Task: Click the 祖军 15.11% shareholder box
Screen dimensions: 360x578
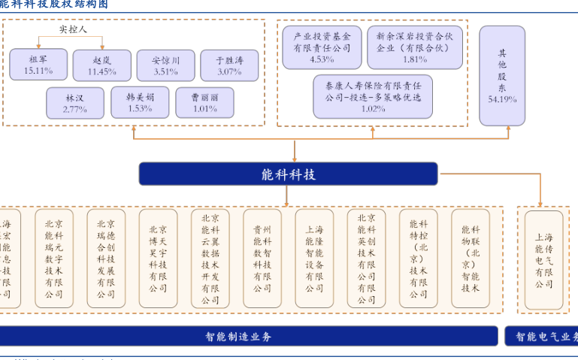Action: point(38,65)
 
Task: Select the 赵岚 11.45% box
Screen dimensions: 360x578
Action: point(101,65)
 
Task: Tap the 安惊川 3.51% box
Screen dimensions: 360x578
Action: point(165,65)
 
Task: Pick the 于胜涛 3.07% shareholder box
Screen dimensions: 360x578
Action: point(229,65)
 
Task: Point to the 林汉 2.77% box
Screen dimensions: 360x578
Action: point(75,103)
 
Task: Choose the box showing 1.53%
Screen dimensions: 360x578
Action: point(140,102)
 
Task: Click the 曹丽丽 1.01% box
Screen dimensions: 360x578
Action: point(204,103)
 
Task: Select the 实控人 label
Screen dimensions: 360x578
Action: point(73,29)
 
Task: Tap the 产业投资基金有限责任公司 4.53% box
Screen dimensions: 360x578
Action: point(322,47)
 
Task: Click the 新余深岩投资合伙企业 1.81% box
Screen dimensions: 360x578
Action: point(415,47)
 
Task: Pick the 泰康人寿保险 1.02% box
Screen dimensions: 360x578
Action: point(373,96)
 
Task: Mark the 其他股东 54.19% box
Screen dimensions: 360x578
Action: point(502,75)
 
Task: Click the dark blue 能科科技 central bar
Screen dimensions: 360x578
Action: point(288,174)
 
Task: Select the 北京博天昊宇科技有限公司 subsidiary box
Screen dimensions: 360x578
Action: point(158,259)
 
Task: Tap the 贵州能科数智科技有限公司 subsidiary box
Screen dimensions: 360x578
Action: point(262,259)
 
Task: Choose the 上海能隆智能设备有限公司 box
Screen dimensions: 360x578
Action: point(314,259)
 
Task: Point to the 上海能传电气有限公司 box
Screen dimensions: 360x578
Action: point(543,260)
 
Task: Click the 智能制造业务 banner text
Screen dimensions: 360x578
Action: point(238,337)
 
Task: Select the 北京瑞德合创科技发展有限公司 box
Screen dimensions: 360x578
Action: point(106,259)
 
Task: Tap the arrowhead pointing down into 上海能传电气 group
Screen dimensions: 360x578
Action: point(540,203)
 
